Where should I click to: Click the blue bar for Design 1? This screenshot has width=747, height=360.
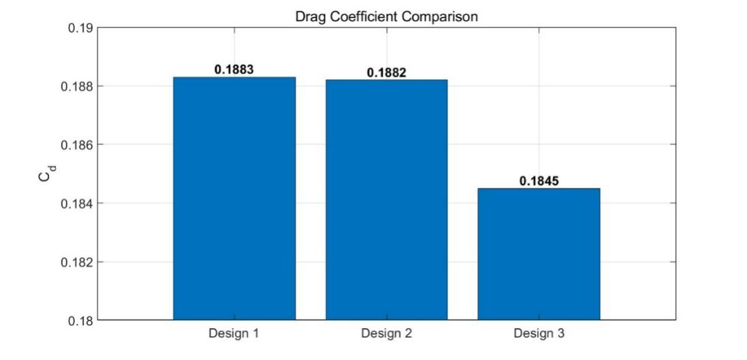tap(234, 198)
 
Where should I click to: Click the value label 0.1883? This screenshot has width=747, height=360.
tap(234, 69)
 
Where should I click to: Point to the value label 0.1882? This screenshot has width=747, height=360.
tap(386, 72)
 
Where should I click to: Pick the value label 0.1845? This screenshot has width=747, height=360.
tap(539, 181)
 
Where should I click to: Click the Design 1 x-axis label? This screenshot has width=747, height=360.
tap(234, 333)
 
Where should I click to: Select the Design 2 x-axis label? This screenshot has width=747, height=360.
tap(386, 333)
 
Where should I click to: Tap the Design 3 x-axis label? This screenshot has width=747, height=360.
tap(539, 333)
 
